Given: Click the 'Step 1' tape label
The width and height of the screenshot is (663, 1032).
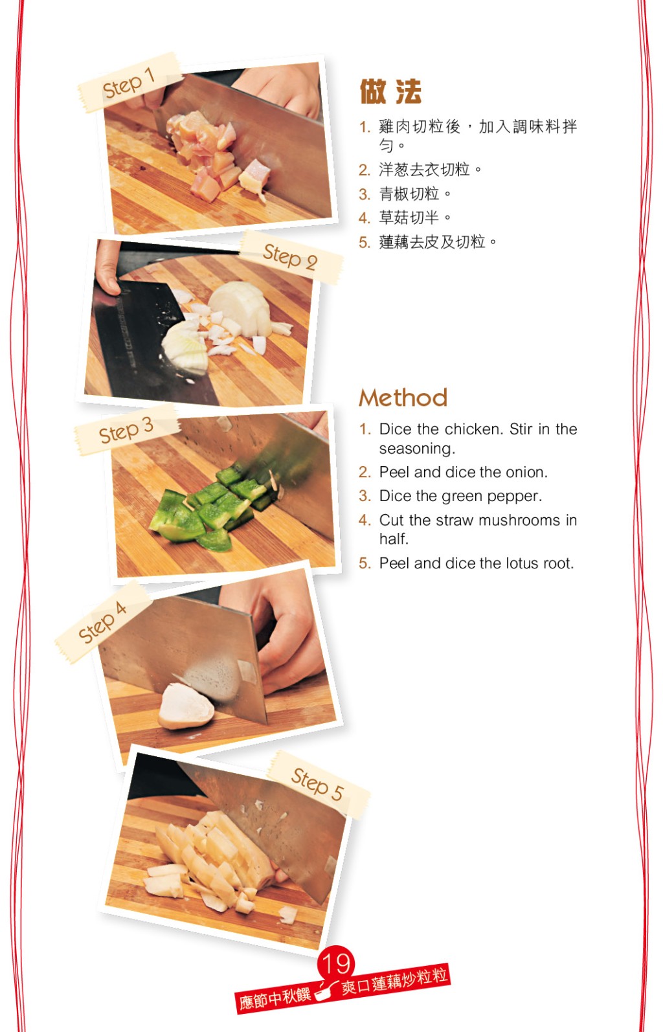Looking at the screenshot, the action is point(129,83).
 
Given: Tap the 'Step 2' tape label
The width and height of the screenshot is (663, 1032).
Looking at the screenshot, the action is point(291,257).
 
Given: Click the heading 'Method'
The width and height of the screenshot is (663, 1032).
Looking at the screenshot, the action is point(403,398).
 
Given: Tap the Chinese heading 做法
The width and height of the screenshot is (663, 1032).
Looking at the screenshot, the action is point(390,91).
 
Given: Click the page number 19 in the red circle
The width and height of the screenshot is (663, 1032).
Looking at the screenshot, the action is point(336,964).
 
